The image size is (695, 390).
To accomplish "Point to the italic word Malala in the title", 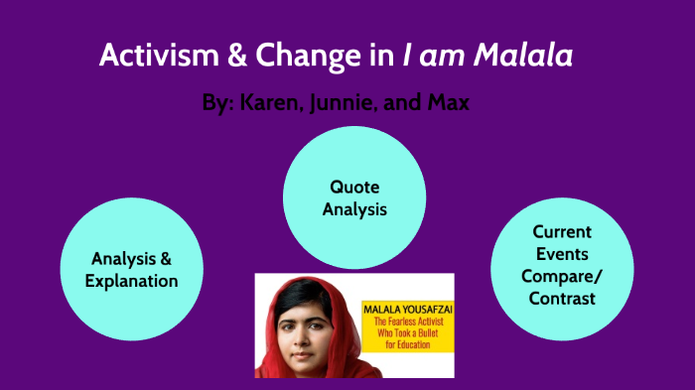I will (x=526, y=56).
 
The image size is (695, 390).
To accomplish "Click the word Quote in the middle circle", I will (x=355, y=187).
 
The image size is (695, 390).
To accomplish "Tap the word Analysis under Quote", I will (x=355, y=209).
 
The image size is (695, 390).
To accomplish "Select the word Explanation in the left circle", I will (x=131, y=281).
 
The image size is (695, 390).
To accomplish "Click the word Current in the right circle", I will (x=562, y=231).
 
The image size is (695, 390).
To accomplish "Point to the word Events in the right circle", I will (x=562, y=253).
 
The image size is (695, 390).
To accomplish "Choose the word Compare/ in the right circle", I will (x=562, y=275).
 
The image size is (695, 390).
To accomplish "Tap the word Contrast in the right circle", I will (x=562, y=298).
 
